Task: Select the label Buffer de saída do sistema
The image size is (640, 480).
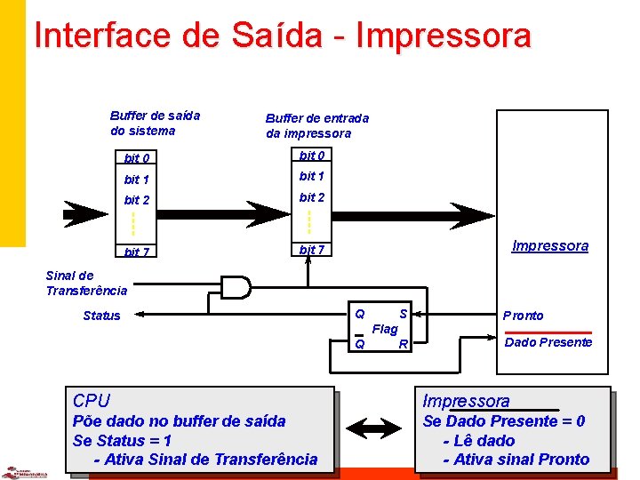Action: pyautogui.click(x=155, y=123)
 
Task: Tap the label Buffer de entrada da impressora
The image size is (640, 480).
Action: pyautogui.click(x=316, y=125)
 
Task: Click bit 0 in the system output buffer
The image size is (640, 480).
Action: pyautogui.click(x=137, y=158)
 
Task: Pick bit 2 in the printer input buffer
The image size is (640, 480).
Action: pyautogui.click(x=312, y=197)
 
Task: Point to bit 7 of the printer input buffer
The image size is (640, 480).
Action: pyautogui.click(x=312, y=250)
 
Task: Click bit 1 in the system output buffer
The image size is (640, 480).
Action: pyautogui.click(x=137, y=180)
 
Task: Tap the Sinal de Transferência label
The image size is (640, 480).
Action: pyautogui.click(x=86, y=283)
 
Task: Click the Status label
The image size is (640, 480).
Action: pyautogui.click(x=101, y=316)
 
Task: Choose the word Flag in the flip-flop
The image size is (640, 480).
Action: pyautogui.click(x=385, y=329)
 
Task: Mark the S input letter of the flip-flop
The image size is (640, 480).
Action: pyautogui.click(x=403, y=314)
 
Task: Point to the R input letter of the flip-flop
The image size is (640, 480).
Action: pyautogui.click(x=403, y=343)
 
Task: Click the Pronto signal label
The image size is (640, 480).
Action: pyautogui.click(x=523, y=316)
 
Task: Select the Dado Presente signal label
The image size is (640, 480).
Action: pyautogui.click(x=548, y=342)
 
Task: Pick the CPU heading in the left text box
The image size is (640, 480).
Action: pyautogui.click(x=92, y=401)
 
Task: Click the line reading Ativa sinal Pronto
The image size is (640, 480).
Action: pyautogui.click(x=521, y=460)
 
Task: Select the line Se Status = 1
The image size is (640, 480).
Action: pyautogui.click(x=122, y=440)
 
